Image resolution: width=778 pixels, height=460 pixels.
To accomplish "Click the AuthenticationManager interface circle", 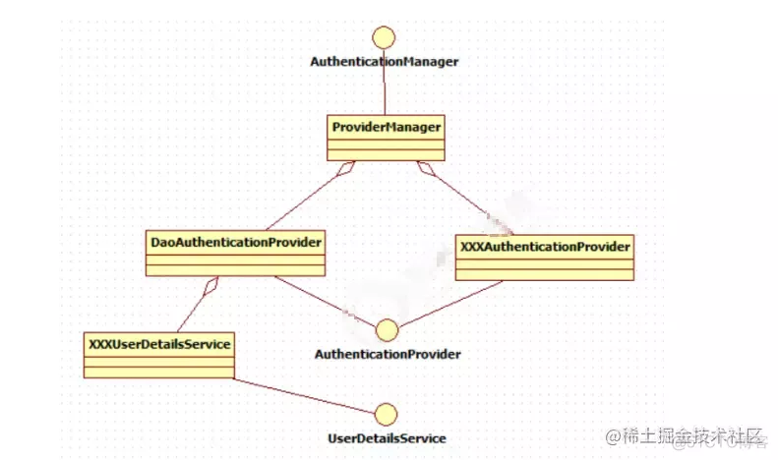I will pos(385,38).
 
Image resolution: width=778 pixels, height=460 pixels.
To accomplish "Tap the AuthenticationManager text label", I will pos(385,61).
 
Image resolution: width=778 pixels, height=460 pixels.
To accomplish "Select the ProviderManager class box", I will pos(386,138).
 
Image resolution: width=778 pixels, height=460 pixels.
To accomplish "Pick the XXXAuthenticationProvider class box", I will pos(545,256).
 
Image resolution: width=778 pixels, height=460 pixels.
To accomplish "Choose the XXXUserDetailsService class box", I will pos(158,355).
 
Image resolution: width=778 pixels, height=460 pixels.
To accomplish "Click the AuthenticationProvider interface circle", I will pos(387,330).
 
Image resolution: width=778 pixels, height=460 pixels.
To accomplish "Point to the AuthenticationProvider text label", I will pos(388,353).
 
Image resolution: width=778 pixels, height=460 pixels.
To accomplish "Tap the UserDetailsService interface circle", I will pos(387,415).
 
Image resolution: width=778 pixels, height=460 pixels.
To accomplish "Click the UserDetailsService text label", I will pos(387,437).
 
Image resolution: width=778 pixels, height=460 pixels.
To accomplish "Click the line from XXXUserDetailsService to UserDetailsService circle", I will pos(305,395).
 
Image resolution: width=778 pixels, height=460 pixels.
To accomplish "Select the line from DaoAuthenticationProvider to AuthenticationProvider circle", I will pos(325,301).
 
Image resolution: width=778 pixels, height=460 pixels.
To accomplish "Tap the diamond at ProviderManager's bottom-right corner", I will pos(425,168).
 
